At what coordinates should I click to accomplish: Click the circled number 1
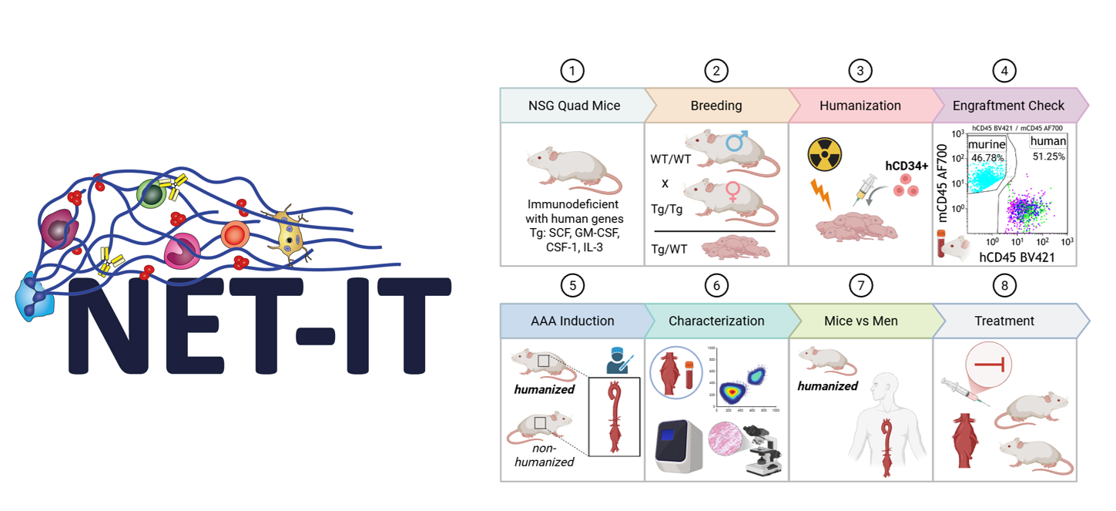571,71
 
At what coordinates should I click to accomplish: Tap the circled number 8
1004,285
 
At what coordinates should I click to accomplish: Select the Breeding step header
716,106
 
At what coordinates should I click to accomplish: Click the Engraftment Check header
1008,106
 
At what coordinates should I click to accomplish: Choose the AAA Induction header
571,321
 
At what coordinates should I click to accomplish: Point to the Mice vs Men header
860,321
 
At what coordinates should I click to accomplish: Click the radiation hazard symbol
823,155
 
